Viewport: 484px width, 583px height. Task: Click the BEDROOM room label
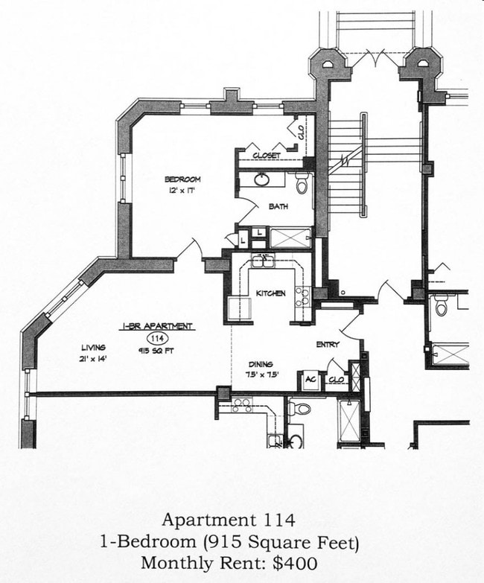(x=182, y=179)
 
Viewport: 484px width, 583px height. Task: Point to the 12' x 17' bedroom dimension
(x=182, y=191)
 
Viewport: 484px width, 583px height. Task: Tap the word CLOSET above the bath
(x=266, y=156)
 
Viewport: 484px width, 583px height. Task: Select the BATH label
(x=278, y=207)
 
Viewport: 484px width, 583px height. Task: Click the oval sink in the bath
(x=263, y=179)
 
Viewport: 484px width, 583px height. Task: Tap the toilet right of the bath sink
(x=302, y=182)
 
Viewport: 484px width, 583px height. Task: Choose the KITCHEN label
(x=270, y=293)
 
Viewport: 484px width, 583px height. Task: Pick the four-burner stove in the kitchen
(x=302, y=296)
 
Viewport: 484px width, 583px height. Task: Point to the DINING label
(x=262, y=364)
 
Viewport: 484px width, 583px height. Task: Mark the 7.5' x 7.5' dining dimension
(x=262, y=375)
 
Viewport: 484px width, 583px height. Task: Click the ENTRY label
(x=328, y=345)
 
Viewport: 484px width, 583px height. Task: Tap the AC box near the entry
(x=309, y=380)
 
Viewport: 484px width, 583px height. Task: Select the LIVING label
(x=94, y=348)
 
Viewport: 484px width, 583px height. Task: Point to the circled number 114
(x=157, y=338)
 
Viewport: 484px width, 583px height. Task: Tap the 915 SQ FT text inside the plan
(x=157, y=351)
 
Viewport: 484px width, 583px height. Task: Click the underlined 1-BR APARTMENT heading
(x=157, y=326)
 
